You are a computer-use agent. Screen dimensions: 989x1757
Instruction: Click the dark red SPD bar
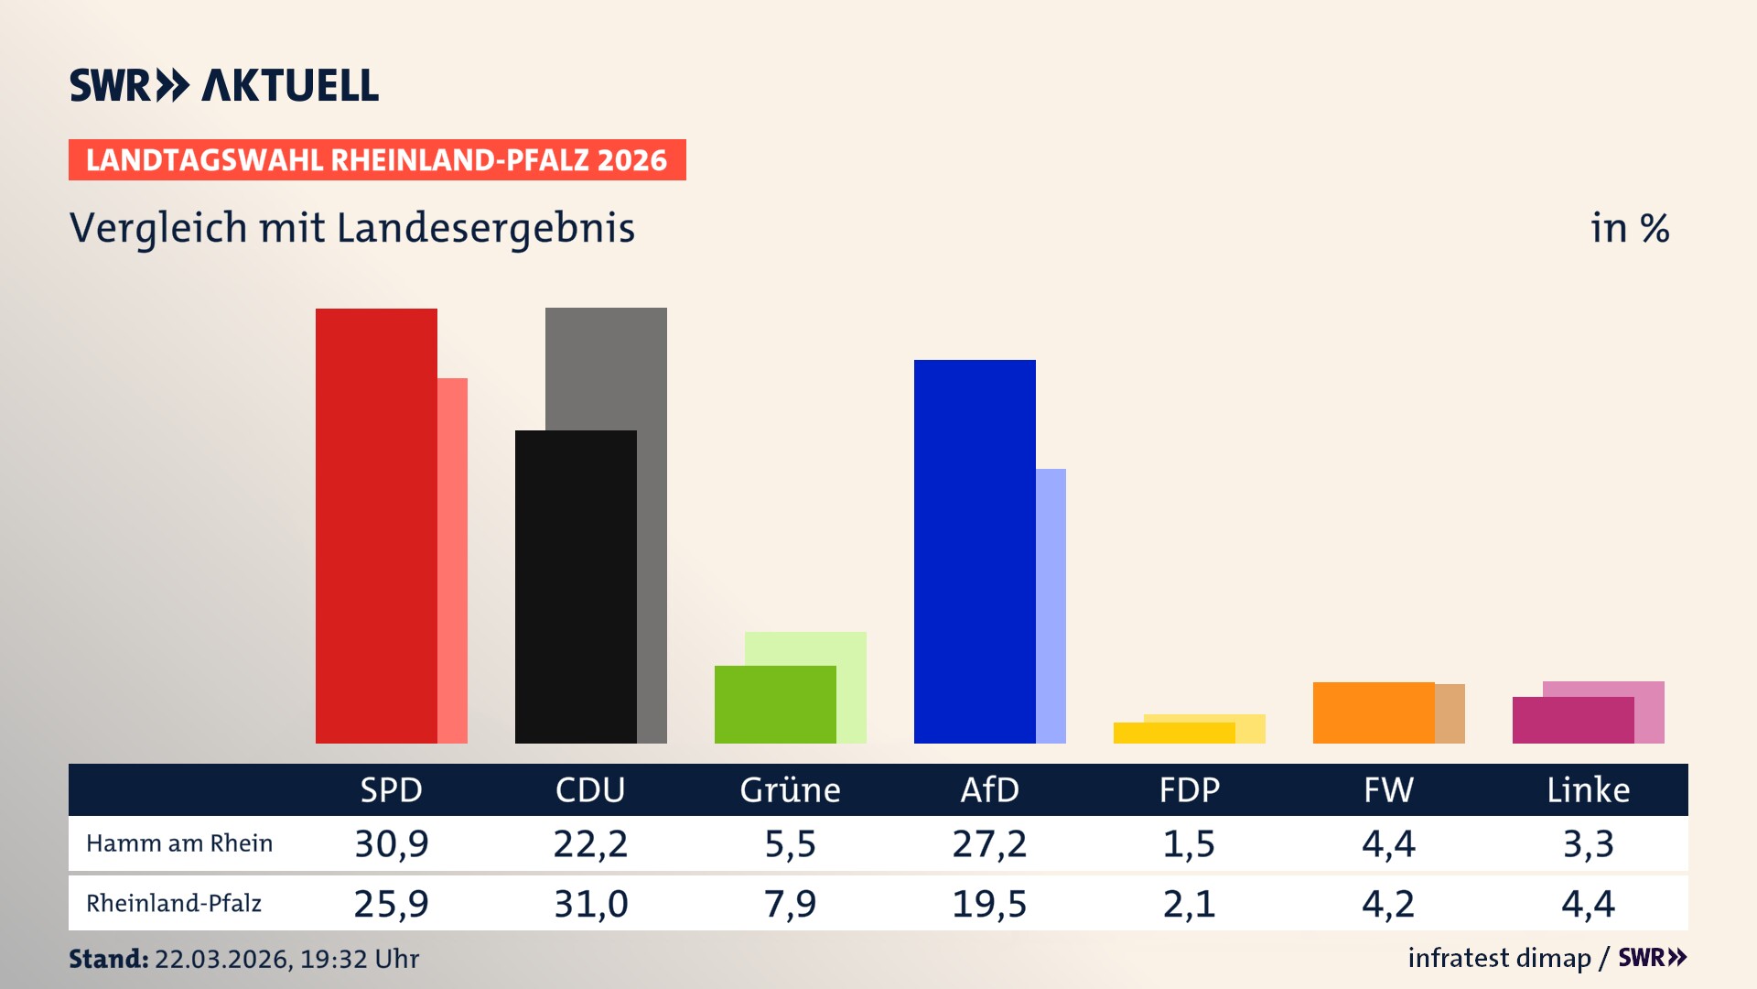[376, 527]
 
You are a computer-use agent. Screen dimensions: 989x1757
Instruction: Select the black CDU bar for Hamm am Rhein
[576, 586]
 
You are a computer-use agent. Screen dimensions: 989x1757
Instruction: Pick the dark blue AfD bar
[975, 549]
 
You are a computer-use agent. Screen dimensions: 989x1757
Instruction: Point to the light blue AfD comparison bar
[1051, 604]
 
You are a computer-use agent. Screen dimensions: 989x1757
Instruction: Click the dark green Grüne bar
[775, 705]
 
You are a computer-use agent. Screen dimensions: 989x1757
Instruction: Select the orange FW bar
[1373, 712]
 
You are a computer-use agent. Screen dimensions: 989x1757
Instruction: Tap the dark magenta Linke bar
[1572, 721]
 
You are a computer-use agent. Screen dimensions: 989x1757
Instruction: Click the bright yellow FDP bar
[1173, 734]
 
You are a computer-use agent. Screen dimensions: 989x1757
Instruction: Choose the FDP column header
[1189, 790]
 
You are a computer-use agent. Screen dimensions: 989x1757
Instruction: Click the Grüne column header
[790, 790]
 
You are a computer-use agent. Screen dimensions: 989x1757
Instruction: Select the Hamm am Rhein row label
[179, 843]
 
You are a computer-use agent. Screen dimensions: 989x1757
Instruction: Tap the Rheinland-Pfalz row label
[174, 904]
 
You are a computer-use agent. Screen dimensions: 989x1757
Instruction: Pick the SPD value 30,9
[392, 843]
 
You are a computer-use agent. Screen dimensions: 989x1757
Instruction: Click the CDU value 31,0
[591, 904]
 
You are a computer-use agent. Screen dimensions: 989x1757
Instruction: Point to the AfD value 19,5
[989, 904]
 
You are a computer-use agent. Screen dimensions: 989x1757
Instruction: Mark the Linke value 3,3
[1588, 843]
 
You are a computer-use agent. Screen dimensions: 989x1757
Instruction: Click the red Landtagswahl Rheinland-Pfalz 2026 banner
[377, 160]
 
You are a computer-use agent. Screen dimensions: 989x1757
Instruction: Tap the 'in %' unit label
[1629, 229]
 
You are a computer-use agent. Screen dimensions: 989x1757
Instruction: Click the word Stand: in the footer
[108, 959]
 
